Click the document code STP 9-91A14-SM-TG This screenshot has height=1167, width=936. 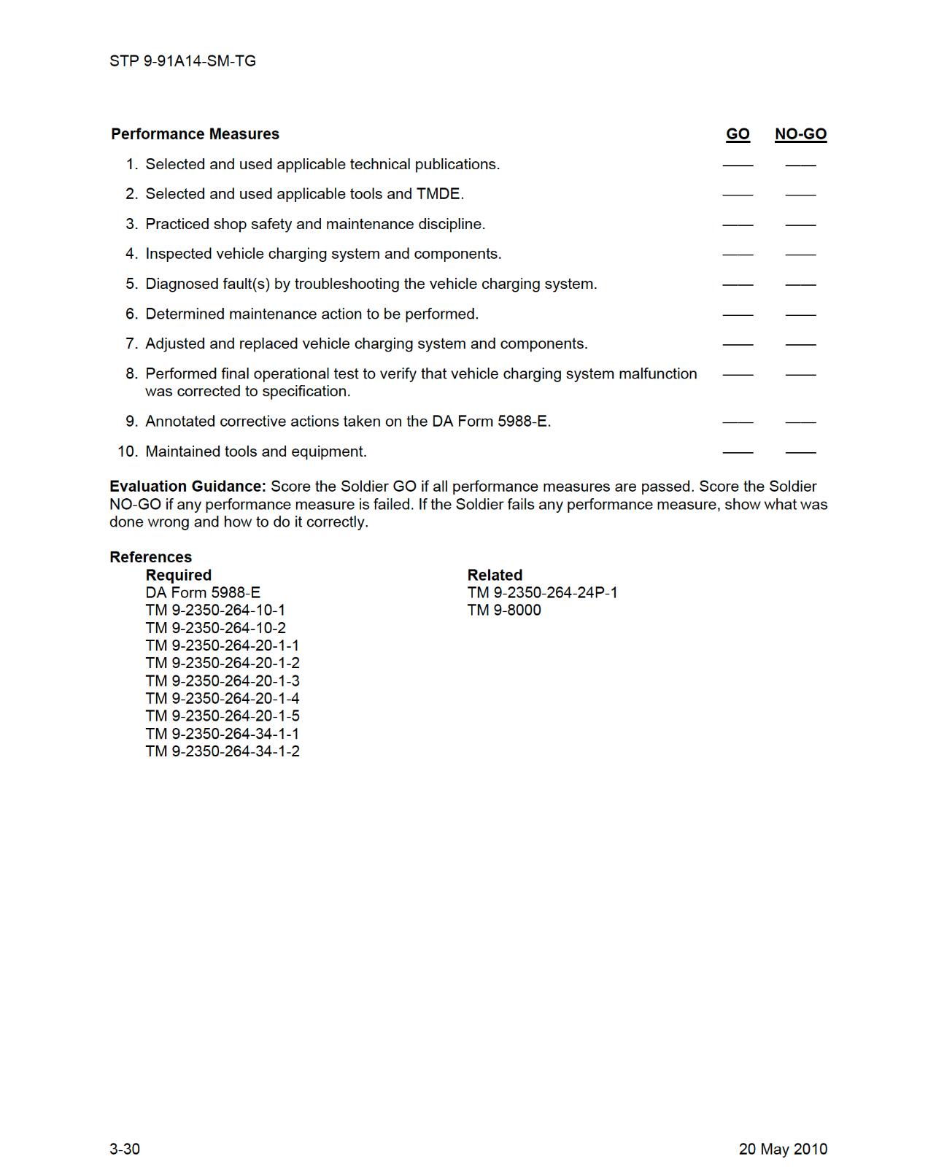click(x=182, y=61)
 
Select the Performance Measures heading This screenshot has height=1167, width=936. click(x=195, y=134)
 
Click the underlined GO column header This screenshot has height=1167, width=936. click(x=738, y=134)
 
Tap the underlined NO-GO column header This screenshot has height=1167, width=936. click(x=800, y=134)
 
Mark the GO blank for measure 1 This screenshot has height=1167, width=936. click(x=738, y=165)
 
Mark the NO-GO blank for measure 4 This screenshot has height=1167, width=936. click(x=800, y=254)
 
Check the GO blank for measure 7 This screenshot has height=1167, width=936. click(x=738, y=344)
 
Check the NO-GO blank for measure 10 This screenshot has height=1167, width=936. click(x=800, y=451)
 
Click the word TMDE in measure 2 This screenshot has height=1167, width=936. click(x=438, y=194)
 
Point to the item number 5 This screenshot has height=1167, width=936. click(x=131, y=284)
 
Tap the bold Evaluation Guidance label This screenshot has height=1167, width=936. click(x=187, y=486)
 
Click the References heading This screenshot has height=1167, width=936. click(x=150, y=557)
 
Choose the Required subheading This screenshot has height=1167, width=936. click(x=178, y=575)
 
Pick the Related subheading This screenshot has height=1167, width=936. click(x=495, y=575)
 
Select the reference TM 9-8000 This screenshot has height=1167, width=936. click(x=504, y=610)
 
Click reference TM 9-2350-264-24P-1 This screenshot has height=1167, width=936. click(x=542, y=593)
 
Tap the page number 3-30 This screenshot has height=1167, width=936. click(x=125, y=1149)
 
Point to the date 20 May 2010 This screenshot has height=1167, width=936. click(x=783, y=1149)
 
